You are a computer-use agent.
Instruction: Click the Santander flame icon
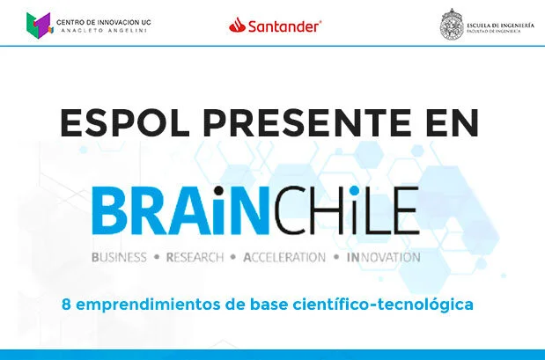coord(236,26)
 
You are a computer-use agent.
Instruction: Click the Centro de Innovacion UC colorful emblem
coord(39,26)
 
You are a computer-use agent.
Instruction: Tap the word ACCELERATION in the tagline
coord(281,258)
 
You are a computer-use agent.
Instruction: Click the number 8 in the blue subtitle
coord(66,305)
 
